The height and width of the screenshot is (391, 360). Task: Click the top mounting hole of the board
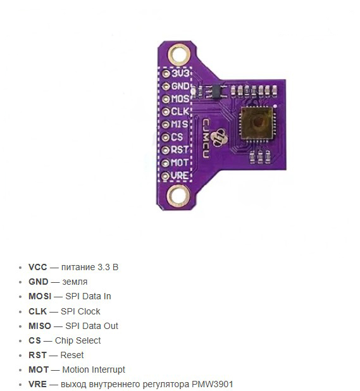click(x=179, y=54)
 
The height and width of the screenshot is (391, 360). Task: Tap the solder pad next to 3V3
click(x=166, y=73)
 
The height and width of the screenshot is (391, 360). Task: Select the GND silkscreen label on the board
click(x=180, y=86)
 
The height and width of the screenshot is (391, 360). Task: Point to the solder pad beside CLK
click(x=166, y=112)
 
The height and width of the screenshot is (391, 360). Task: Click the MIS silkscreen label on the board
click(x=180, y=124)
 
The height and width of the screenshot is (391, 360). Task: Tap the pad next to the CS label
click(x=165, y=137)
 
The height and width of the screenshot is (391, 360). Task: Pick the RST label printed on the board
click(x=180, y=150)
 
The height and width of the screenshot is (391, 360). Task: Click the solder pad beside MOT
click(x=165, y=163)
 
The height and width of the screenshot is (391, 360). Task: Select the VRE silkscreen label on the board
click(x=180, y=176)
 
